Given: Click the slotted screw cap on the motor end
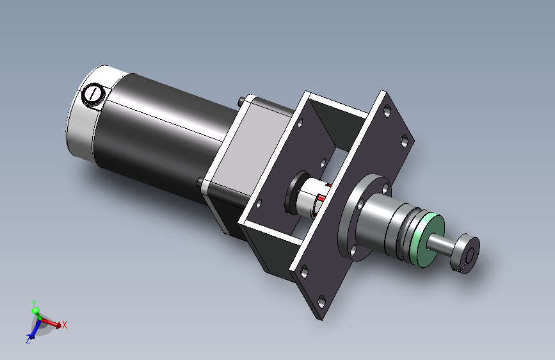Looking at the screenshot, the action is point(93,94).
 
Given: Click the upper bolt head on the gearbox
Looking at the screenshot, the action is point(242,102).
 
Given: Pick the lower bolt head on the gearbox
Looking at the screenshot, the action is point(201,182).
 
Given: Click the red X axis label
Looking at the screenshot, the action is point(65,325).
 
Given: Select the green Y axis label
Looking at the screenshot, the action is point(34,304).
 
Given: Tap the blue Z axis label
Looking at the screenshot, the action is point(28,340).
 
